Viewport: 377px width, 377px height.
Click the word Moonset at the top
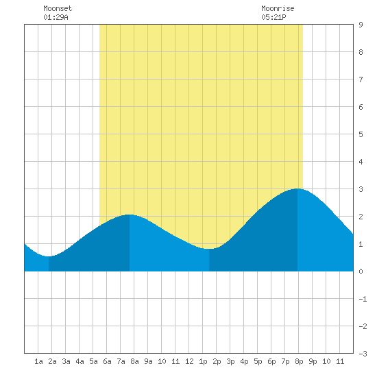(58, 8)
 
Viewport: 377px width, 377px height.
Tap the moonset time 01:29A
(56, 17)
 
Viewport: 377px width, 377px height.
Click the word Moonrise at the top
(278, 8)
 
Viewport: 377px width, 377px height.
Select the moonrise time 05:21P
(273, 17)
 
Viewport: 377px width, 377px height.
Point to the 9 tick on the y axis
(361, 25)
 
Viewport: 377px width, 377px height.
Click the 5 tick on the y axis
(361, 134)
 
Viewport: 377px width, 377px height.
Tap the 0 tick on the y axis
(361, 271)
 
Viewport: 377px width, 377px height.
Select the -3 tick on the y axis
(363, 354)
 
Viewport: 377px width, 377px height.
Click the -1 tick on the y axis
(363, 299)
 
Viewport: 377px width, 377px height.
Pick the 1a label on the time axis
(38, 361)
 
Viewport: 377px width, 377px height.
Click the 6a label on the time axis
(107, 361)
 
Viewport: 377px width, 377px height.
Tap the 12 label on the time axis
(189, 361)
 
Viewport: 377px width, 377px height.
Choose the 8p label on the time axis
(299, 361)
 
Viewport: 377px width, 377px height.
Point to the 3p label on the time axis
(230, 361)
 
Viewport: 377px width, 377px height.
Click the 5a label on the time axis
(93, 361)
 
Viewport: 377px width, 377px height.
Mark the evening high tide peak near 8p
(297, 189)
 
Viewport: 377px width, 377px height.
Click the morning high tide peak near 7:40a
(130, 215)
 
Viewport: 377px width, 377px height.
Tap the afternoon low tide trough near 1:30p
(209, 249)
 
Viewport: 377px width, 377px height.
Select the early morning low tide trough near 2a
(49, 256)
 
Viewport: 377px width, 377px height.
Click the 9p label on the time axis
(313, 361)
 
